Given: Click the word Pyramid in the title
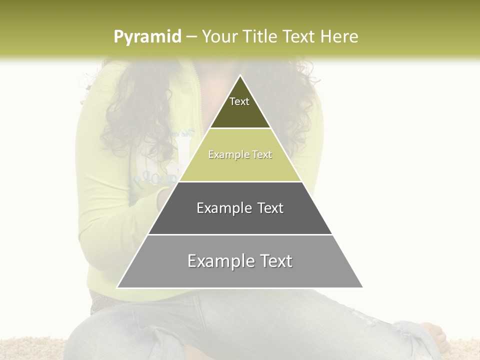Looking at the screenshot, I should click(x=147, y=36).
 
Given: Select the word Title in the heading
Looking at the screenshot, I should click(x=260, y=36).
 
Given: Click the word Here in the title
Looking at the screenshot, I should click(x=339, y=36).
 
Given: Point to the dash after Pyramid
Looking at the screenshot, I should click(x=191, y=37).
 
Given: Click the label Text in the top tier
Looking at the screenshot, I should click(x=239, y=101).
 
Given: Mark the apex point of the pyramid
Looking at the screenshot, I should click(x=240, y=75).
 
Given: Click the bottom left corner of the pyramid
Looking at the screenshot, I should click(x=117, y=287).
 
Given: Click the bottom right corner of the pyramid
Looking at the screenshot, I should click(x=362, y=287).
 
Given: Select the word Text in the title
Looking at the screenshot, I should click(x=299, y=36).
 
